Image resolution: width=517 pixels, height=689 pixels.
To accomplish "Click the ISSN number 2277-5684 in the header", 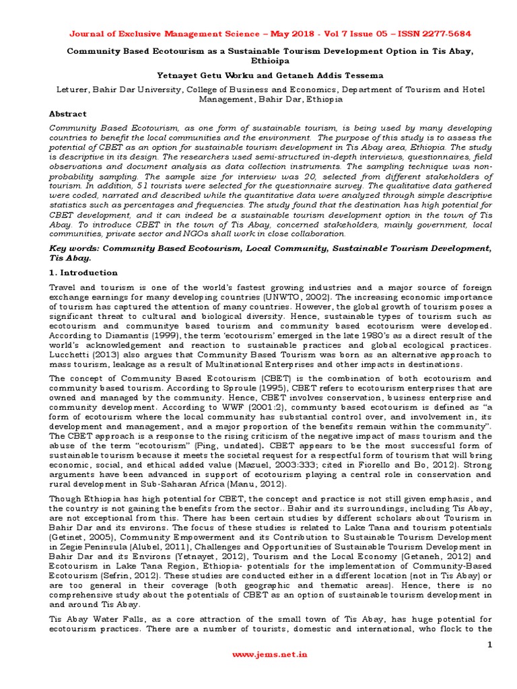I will pyautogui.click(x=432, y=34).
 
